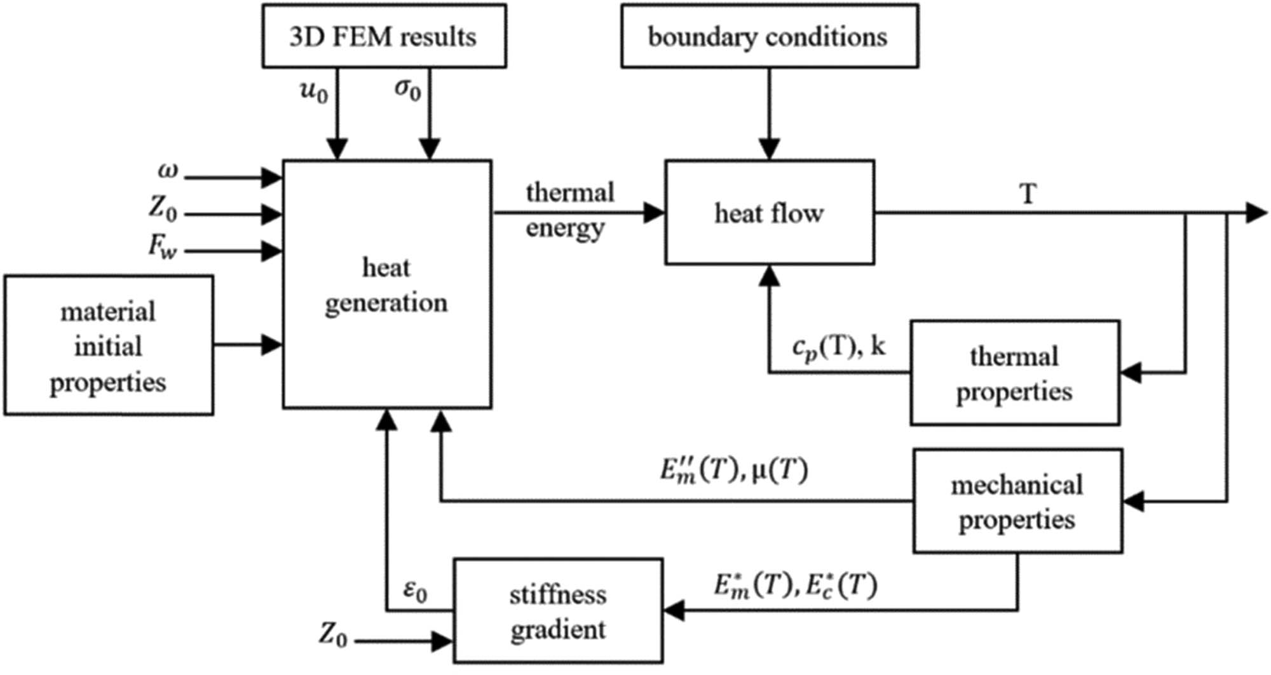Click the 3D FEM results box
[384, 36]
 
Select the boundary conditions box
[769, 36]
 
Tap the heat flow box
[769, 213]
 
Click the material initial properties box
[109, 346]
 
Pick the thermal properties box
[1014, 373]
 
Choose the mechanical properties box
[1017, 502]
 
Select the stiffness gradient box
[558, 612]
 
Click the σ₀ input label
[407, 90]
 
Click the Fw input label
[163, 246]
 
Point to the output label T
[1028, 194]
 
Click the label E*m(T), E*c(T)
[795, 585]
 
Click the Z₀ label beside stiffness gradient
[334, 634]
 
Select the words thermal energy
[569, 210]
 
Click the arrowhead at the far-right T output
[1256, 213]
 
